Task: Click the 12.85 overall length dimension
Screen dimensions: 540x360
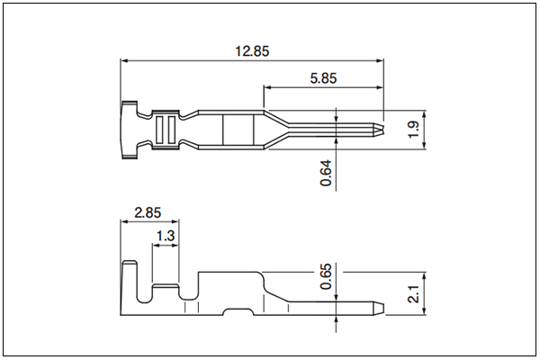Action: tap(252, 51)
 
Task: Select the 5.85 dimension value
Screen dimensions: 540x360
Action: tap(323, 78)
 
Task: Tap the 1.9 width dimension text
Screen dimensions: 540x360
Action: tap(413, 130)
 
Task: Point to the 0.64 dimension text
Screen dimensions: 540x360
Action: tap(326, 173)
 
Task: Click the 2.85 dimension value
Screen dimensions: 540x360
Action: tap(148, 212)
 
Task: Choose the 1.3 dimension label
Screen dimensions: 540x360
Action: tap(166, 236)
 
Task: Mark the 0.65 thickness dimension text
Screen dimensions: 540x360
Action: tap(326, 276)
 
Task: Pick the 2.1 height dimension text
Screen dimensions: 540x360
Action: tap(413, 294)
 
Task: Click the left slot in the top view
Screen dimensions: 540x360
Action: tap(159, 130)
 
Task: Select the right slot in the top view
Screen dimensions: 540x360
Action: tap(172, 130)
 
